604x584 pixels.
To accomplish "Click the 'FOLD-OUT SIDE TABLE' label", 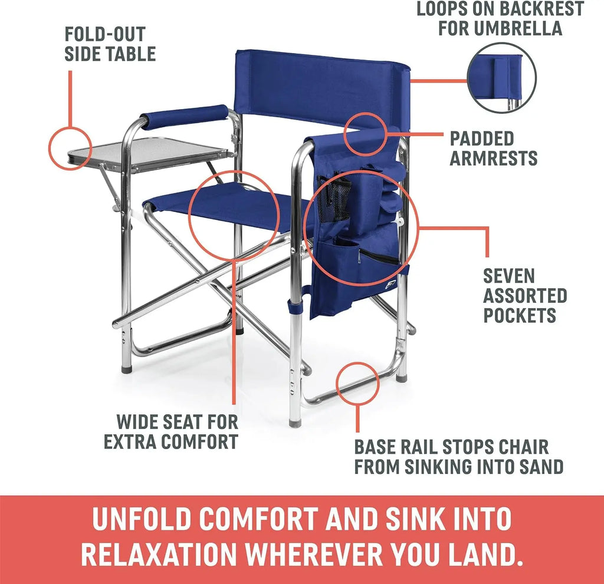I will pyautogui.click(x=110, y=44).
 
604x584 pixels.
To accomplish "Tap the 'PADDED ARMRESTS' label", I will pyautogui.click(x=493, y=149).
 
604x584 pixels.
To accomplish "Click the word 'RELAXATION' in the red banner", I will pyautogui.click(x=159, y=554).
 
